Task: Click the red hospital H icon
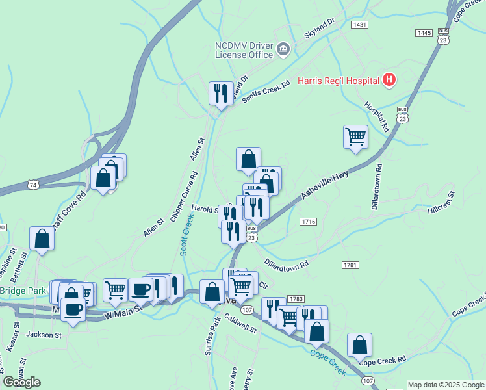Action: click(x=389, y=80)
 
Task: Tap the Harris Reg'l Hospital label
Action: click(x=338, y=81)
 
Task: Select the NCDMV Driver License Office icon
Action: click(x=283, y=49)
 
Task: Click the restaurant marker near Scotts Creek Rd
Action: click(x=221, y=94)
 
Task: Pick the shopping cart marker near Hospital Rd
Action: click(x=355, y=138)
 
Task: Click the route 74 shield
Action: click(x=33, y=185)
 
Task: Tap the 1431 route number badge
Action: click(x=359, y=24)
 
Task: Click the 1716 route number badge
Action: click(x=309, y=222)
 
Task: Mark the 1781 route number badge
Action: click(x=350, y=265)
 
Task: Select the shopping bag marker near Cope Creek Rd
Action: click(x=359, y=346)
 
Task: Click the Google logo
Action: click(x=21, y=382)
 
